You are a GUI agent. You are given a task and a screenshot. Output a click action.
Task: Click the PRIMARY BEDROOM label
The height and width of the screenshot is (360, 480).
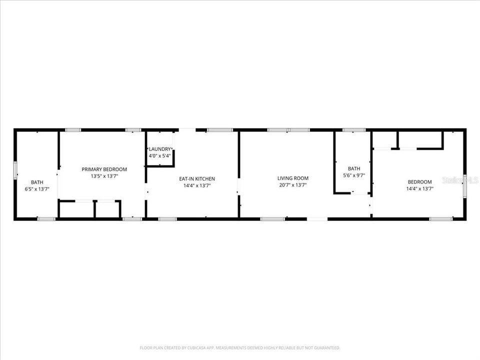tap(104, 169)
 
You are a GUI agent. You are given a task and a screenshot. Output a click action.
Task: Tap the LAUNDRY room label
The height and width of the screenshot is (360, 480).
tap(160, 149)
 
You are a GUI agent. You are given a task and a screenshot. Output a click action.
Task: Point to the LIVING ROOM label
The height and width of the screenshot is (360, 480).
tap(293, 178)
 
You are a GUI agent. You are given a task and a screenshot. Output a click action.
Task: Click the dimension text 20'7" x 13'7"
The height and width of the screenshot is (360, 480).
tap(293, 185)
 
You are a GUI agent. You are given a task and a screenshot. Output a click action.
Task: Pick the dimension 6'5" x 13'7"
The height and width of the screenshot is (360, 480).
tap(37, 189)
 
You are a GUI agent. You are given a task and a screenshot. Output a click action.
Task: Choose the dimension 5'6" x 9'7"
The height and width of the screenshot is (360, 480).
tap(354, 175)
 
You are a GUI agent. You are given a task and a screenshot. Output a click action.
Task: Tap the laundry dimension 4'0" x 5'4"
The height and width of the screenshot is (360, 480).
tap(160, 155)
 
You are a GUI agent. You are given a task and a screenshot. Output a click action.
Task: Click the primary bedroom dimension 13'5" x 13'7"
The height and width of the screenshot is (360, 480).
tap(104, 176)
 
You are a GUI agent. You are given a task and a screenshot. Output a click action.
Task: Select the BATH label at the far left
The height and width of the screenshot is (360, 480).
tap(37, 182)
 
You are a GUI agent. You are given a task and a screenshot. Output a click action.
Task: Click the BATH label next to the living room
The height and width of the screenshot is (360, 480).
tap(354, 168)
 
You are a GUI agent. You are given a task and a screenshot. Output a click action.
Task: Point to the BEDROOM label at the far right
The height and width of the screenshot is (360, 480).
tap(419, 181)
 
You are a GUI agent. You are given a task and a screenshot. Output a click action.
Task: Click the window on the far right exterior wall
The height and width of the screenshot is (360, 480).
tap(464, 186)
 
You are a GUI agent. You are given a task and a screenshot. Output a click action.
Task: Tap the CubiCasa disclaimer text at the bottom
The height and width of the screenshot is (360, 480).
tap(240, 347)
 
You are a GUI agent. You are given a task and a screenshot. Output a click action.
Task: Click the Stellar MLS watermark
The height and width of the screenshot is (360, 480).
tap(460, 179)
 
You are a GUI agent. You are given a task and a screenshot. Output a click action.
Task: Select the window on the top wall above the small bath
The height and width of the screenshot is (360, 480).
tap(354, 130)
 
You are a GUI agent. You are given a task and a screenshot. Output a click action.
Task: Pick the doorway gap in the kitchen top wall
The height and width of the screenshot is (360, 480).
tap(187, 130)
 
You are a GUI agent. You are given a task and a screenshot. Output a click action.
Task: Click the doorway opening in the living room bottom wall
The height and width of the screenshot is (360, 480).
tap(317, 218)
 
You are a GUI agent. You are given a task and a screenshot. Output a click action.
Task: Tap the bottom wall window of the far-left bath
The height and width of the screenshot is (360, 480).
tap(46, 218)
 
